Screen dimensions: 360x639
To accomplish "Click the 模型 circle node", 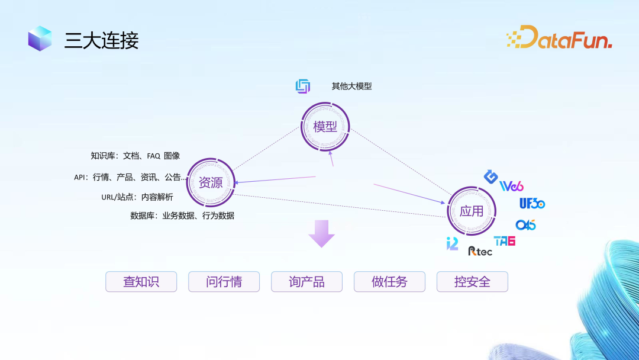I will [325, 127].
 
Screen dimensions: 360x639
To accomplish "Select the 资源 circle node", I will [211, 182].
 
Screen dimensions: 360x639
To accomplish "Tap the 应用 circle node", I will [471, 211].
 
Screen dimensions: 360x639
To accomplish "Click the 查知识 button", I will [141, 282].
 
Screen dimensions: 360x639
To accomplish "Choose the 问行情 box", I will [224, 282].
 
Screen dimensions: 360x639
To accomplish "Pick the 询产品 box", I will [306, 282].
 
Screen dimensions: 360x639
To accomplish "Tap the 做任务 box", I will [389, 282].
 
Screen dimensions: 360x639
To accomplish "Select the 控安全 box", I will [472, 282].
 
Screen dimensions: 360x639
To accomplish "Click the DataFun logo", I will [559, 37].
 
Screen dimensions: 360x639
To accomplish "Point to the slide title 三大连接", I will [101, 40].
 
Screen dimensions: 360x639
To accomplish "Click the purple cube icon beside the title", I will [40, 38].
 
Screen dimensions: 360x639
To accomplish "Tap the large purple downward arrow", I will [321, 233].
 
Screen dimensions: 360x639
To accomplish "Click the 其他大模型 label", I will [351, 86].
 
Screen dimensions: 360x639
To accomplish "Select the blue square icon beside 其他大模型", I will [303, 86].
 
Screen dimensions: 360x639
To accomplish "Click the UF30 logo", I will [532, 204].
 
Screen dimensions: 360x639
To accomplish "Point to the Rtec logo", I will [480, 251].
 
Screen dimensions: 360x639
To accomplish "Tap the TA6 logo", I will [504, 241].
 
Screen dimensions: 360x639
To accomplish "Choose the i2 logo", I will [452, 243].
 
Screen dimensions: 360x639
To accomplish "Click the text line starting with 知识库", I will [135, 156].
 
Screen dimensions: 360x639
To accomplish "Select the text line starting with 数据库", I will [182, 216].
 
